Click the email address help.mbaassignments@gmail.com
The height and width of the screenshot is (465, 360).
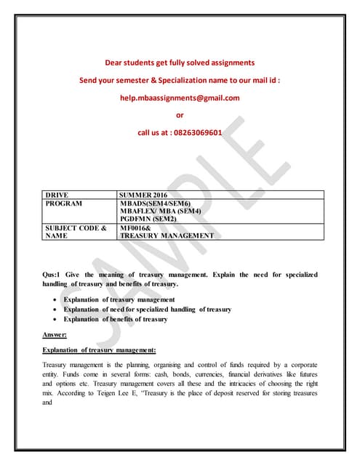(180, 97)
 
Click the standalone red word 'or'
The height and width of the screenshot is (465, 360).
(180, 115)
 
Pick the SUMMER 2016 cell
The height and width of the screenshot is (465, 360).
(145, 195)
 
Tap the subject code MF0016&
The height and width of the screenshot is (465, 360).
(137, 228)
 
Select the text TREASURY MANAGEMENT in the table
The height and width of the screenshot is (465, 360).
(167, 236)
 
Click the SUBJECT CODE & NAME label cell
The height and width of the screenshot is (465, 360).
(76, 232)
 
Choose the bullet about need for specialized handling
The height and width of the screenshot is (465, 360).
(147, 309)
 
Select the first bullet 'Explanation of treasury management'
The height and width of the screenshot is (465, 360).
(119, 299)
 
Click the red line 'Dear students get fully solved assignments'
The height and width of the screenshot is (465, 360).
(180, 62)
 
